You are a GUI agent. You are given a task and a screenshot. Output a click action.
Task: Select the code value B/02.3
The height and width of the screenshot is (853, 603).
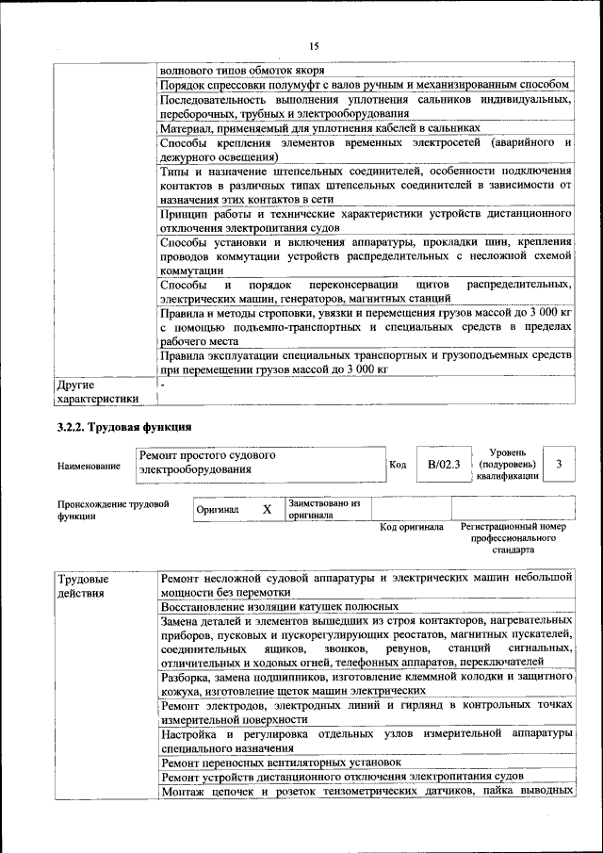point(443,464)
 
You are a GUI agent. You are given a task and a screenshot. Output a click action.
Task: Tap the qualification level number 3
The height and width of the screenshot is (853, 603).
point(560,464)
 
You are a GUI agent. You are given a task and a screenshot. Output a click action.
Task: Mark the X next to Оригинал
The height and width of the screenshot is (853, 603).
point(267,509)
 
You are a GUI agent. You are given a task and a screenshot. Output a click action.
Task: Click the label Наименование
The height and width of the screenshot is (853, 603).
point(89,466)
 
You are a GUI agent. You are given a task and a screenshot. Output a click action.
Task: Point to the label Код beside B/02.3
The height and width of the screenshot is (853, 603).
point(398,464)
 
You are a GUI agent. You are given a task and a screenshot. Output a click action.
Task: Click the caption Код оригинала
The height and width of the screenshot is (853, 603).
point(412,527)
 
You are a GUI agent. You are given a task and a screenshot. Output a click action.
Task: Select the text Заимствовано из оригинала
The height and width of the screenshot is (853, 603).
point(324,509)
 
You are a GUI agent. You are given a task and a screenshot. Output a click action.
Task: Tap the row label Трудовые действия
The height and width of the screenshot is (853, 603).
point(83,584)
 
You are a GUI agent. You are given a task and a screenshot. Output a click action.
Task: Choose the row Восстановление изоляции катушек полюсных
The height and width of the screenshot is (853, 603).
point(280,608)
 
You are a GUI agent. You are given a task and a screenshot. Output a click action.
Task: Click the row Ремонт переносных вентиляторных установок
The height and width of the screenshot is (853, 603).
point(282,761)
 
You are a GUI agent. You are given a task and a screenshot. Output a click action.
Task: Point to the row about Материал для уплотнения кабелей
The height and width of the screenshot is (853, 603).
point(320,127)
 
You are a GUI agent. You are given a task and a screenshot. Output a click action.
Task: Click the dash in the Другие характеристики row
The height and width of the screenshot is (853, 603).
point(162,385)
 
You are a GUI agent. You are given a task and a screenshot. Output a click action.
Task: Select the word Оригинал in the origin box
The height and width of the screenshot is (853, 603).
point(217,510)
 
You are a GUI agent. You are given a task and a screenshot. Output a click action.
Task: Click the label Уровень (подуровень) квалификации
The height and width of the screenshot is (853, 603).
point(508,464)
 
